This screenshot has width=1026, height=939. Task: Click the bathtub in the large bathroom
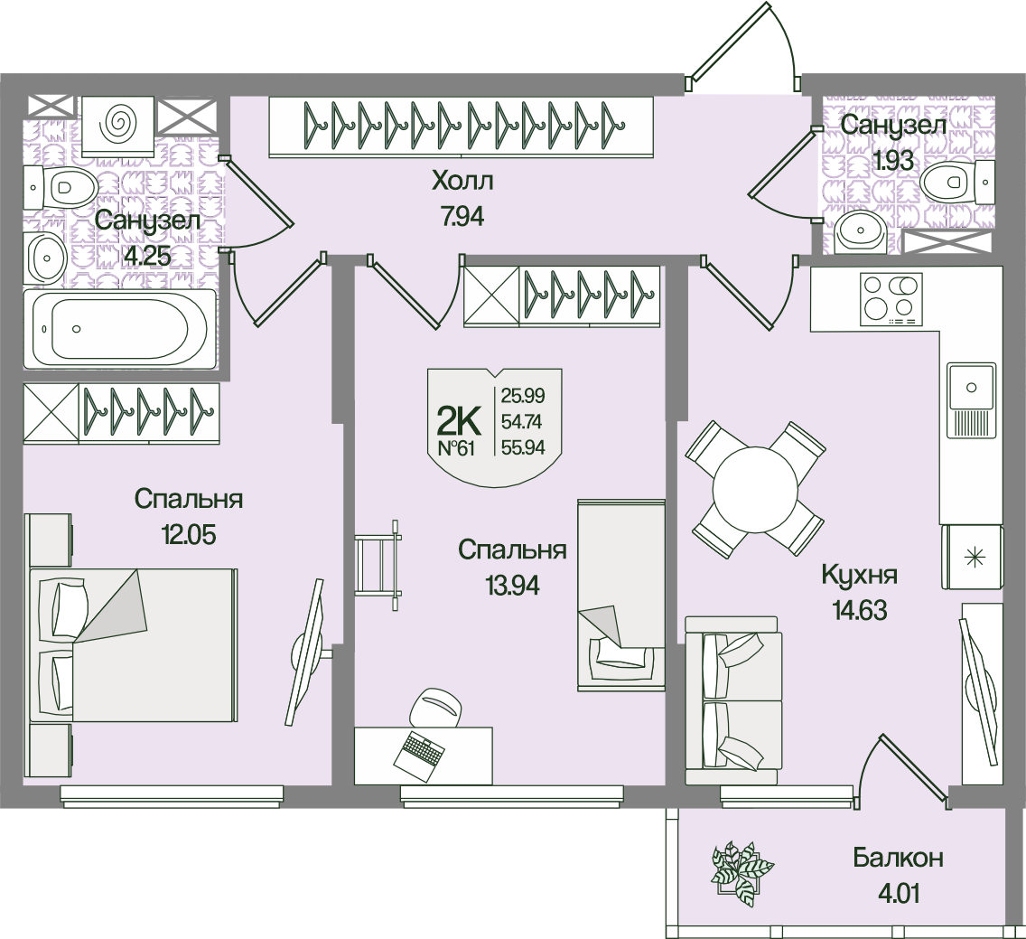(x=119, y=330)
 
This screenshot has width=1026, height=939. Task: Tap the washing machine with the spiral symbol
(x=118, y=123)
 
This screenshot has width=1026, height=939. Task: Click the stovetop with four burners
(x=891, y=298)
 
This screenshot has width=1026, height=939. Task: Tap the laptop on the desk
(x=420, y=751)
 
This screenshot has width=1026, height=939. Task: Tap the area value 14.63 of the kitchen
(x=859, y=611)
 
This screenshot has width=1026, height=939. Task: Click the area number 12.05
(x=189, y=534)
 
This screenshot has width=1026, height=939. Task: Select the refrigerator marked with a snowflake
(x=973, y=558)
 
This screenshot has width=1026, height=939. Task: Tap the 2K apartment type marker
(x=459, y=420)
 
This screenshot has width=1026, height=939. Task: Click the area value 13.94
(x=511, y=586)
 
